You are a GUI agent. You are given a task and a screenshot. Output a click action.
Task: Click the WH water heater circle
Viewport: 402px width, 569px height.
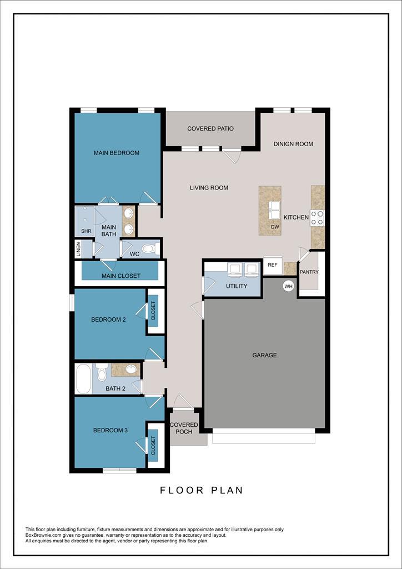tap(288, 286)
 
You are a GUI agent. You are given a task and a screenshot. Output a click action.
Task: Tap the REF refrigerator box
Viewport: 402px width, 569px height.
tap(272, 266)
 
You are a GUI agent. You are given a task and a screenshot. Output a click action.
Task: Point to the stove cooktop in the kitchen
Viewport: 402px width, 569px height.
tap(317, 218)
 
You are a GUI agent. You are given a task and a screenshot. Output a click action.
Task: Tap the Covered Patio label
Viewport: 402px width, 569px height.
tap(210, 129)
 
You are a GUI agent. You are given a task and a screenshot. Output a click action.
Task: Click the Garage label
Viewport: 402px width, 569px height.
tap(264, 355)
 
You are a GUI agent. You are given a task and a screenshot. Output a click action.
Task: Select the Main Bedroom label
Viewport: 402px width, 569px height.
tap(116, 153)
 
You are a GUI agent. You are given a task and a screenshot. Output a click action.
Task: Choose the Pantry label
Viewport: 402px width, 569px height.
tap(308, 272)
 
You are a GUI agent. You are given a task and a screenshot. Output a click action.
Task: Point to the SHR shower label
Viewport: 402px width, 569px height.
tap(86, 231)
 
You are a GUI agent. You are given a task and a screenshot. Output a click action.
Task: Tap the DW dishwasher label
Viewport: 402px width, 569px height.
tap(275, 227)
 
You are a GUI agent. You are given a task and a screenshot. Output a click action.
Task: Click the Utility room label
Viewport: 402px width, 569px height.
tap(236, 286)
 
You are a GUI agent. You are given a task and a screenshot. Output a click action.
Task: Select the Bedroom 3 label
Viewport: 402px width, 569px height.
tap(110, 430)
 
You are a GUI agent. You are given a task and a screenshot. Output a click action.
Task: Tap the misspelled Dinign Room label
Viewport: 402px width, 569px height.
tap(293, 144)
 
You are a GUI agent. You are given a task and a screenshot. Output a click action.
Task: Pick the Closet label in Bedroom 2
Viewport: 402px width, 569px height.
tap(154, 311)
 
